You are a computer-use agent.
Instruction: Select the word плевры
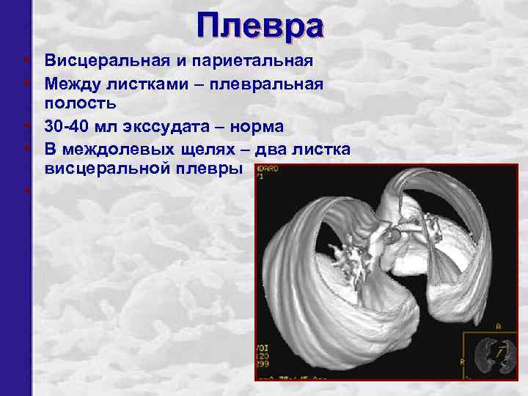(206, 170)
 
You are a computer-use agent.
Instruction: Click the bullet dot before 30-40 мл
(25, 126)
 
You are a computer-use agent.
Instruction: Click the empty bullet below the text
(25, 192)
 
